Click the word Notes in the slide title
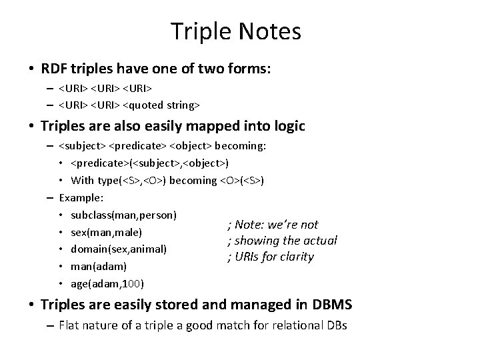[269, 31]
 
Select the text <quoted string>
[162, 105]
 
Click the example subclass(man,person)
[123, 215]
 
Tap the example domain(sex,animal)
[118, 249]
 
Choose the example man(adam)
[99, 266]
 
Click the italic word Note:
[250, 225]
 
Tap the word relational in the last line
[284, 326]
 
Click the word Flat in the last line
[69, 326]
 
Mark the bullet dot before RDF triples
[31, 69]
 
